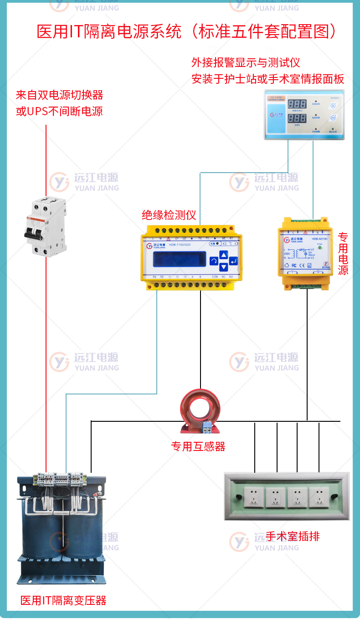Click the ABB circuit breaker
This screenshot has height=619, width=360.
pos(45,226)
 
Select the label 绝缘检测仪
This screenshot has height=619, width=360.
pos(169,215)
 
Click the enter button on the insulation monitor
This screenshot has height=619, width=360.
pos(233,261)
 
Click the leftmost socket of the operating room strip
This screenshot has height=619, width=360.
pos(253,497)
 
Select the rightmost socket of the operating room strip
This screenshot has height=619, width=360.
pos(319,497)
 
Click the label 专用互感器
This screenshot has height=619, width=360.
pos(198,447)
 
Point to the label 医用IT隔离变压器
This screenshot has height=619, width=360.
pos(63,601)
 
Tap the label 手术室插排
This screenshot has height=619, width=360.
pos(293,537)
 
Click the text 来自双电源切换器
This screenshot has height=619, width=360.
pos(60,95)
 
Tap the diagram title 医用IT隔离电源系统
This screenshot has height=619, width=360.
pos(109,31)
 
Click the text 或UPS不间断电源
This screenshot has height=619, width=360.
pos(60,111)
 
